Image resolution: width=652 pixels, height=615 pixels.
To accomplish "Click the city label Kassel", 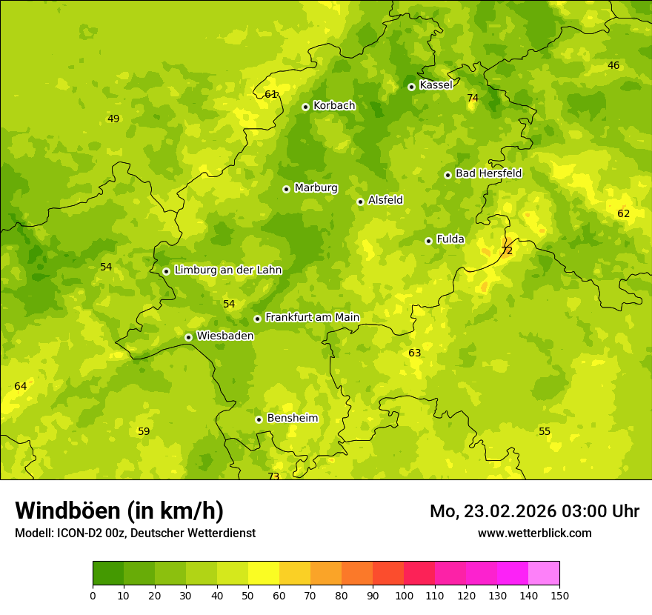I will pos(436,85).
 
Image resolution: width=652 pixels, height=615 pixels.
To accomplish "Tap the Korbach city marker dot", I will pos(305,107).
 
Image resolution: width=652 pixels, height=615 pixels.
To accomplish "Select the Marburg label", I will pos(316,188).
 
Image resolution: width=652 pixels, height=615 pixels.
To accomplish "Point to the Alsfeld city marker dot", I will pos(360,202).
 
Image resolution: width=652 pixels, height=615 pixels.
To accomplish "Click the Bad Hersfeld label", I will pos(488,173).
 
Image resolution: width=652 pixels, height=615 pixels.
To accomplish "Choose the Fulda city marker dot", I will pos(428,241).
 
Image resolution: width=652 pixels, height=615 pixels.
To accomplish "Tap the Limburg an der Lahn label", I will pos(227,270).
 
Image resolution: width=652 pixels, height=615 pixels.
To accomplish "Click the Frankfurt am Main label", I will pos(312,317).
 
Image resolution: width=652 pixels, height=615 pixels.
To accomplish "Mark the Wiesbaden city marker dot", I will pos(188,337).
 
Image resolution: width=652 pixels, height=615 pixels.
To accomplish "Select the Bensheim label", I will pos(292,418).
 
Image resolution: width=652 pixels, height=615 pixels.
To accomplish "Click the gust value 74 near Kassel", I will pos(473,99).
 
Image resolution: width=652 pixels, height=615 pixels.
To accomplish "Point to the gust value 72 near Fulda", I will pos(507,251).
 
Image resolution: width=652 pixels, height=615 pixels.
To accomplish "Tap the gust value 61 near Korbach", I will pos(270,94).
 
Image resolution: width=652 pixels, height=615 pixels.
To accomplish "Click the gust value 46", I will pos(613,65).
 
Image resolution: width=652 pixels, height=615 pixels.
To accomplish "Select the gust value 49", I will pos(113,119).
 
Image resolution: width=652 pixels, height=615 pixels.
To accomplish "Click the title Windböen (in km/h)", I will pos(119,511).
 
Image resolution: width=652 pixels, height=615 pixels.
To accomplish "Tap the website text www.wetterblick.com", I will pos(534,533).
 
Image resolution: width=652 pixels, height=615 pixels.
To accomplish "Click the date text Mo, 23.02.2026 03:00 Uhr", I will pos(534,511).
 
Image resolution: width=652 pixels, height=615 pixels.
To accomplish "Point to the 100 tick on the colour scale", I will pos(404,595).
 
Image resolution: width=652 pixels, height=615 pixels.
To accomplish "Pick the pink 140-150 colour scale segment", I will pos(544,574).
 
